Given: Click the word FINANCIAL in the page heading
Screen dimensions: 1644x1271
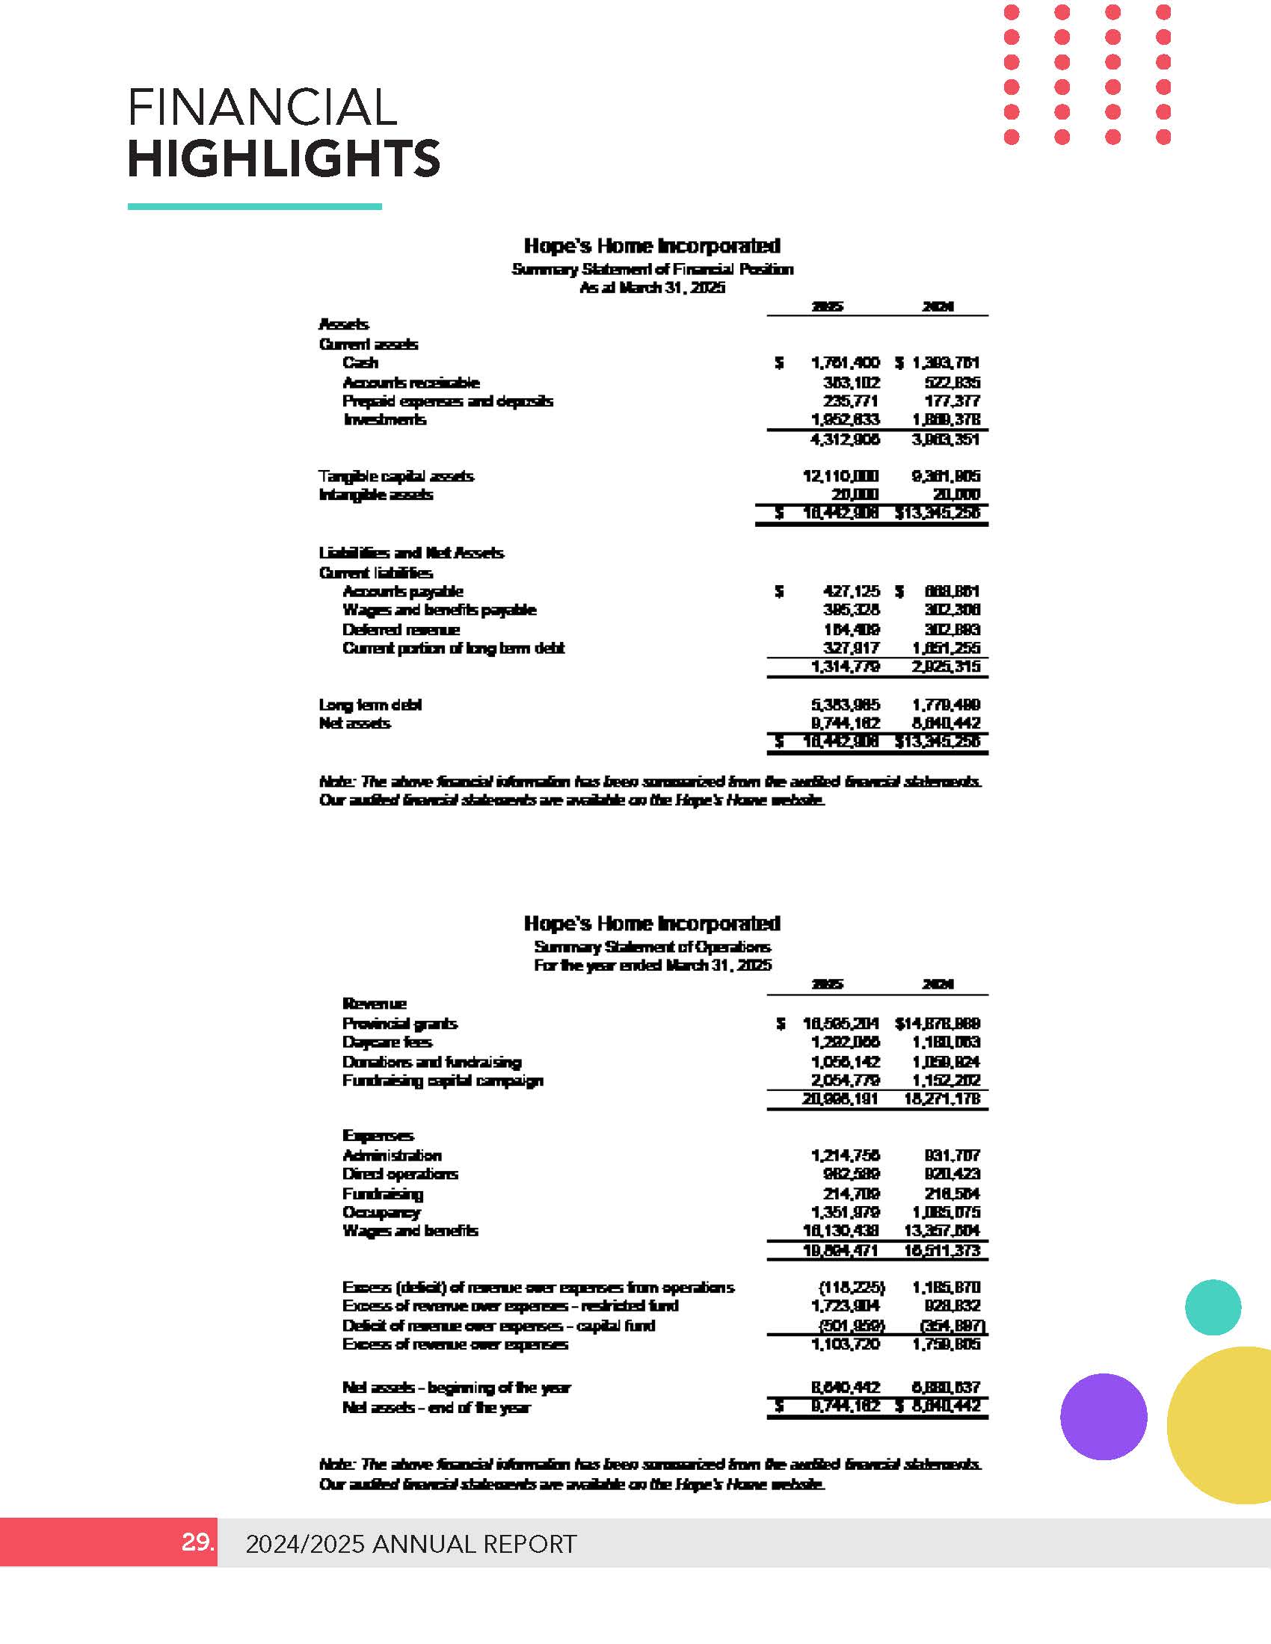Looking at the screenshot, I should click(262, 107).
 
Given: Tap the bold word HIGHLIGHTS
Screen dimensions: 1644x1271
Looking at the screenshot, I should click(283, 159).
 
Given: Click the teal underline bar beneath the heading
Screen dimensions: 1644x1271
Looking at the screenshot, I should click(254, 206).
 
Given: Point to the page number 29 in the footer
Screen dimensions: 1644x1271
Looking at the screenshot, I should click(197, 1542).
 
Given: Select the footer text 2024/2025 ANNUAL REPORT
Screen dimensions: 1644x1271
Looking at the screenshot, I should click(411, 1544).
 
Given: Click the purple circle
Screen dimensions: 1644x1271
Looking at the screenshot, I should click(1103, 1417).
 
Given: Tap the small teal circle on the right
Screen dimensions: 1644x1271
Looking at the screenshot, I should click(1212, 1308).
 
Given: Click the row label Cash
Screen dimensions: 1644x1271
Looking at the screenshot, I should click(360, 363).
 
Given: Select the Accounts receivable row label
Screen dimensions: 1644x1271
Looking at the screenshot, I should click(410, 383).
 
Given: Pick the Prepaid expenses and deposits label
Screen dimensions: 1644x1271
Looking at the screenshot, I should click(447, 401).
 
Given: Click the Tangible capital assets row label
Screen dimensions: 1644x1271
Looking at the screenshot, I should click(396, 477).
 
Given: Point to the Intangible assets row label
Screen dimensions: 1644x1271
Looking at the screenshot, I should click(376, 495).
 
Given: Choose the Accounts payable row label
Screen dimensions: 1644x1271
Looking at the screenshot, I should click(403, 592).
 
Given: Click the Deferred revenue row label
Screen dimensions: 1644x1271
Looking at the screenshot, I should click(401, 629).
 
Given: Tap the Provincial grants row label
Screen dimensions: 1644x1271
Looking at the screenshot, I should click(400, 1024).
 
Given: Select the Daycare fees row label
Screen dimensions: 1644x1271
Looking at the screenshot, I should click(387, 1042).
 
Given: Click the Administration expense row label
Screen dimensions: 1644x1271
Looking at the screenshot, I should click(392, 1155).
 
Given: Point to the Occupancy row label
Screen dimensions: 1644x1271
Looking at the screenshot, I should click(381, 1212).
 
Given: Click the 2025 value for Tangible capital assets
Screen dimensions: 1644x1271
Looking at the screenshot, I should click(840, 477).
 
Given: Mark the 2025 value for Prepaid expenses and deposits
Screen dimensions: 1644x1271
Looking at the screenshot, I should click(851, 401).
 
